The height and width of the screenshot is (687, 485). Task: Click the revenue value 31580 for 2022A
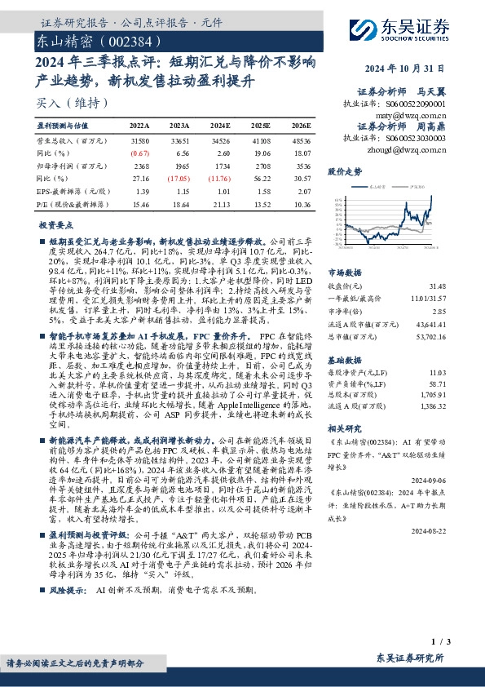[x=140, y=141]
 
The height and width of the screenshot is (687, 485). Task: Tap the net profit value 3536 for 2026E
[x=302, y=166]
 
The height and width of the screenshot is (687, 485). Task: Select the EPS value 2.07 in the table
[x=303, y=190]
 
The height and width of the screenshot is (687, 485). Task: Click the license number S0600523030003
[x=419, y=139]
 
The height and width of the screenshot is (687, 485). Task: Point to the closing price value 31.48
[x=461, y=286]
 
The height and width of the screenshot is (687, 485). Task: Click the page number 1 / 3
[x=460, y=646]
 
